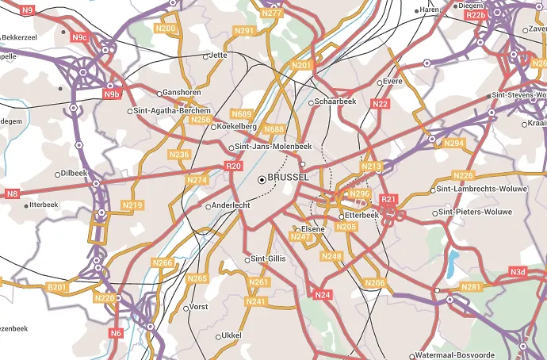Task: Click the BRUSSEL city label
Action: pos(289,178)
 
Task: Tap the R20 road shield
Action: pos(233,167)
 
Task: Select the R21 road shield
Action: pos(388,200)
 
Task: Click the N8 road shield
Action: pos(12,193)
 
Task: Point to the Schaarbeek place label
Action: pos(336,102)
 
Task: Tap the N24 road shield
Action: pos(323,295)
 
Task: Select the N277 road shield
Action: pos(272,13)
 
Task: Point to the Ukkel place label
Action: pos(231,335)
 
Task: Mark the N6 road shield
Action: pos(117,333)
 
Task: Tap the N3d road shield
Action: pos(518,273)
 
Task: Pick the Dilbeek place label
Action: pos(73,173)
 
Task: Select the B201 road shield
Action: pos(58,286)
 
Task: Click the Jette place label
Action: pos(218,56)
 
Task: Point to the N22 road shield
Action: pos(381,104)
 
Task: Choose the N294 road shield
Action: pos(454,144)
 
